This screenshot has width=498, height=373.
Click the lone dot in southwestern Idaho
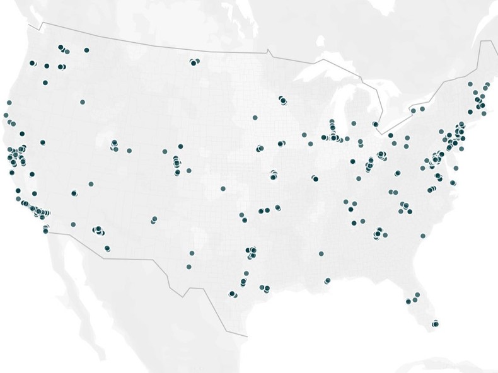click(82, 102)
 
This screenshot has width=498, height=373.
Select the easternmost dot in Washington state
click(86, 50)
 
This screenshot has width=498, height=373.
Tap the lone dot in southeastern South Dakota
click(255, 117)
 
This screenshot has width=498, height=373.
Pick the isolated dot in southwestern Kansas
click(223, 188)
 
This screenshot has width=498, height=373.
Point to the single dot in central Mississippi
click(321, 254)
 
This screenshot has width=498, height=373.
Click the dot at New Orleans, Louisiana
click(327, 280)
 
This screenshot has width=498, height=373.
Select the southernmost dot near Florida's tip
click(435, 324)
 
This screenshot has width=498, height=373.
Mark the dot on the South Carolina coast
click(422, 236)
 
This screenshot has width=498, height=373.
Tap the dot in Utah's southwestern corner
click(91, 184)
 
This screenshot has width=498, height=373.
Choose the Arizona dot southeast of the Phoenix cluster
click(107, 248)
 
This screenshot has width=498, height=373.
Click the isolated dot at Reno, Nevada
click(43, 142)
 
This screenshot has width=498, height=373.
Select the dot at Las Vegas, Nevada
click(74, 193)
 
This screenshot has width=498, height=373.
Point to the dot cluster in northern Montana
click(194, 62)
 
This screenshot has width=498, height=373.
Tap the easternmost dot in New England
click(487, 84)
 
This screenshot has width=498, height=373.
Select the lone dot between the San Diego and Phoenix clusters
click(73, 224)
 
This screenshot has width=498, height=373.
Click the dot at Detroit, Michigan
click(376, 125)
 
